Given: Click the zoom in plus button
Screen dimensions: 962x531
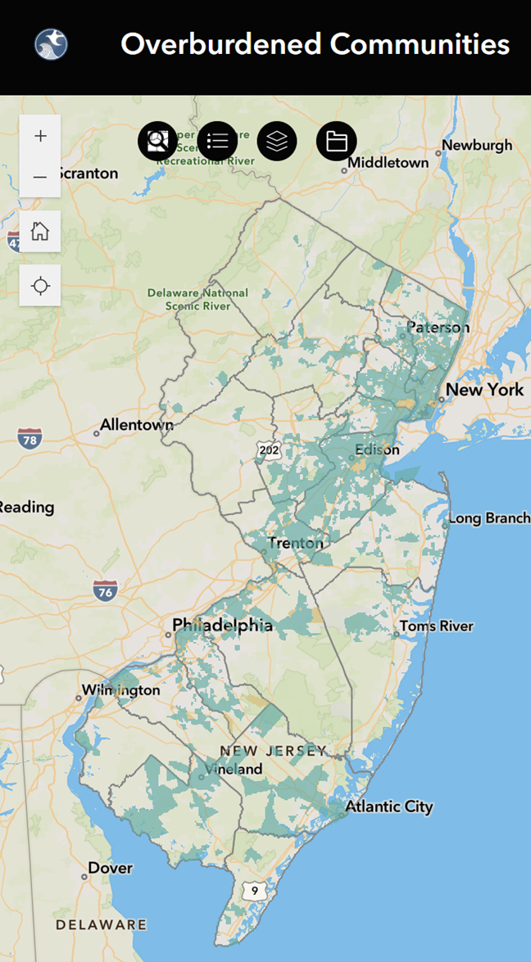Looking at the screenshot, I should [40, 136].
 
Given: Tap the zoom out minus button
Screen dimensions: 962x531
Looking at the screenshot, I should [40, 177].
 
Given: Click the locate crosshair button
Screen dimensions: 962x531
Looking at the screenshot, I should [40, 286].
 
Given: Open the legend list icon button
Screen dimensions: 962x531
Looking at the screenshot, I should [217, 142].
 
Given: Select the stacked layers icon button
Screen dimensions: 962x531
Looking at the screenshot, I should [277, 142].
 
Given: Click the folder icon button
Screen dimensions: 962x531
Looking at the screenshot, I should [337, 142].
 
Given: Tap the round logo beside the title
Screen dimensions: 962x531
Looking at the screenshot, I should [51, 44].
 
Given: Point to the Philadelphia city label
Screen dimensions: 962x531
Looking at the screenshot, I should [222, 626].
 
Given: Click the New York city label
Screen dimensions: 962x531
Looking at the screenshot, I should [485, 389].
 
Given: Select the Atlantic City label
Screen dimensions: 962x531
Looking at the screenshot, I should [388, 806].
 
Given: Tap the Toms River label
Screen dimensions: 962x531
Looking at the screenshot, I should [436, 626].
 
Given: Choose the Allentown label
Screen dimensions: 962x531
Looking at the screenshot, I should [136, 426].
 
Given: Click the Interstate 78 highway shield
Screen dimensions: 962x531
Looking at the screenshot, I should [29, 439].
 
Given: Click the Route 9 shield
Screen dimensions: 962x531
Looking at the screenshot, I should [256, 891].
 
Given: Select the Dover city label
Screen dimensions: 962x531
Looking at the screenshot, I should [110, 868].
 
